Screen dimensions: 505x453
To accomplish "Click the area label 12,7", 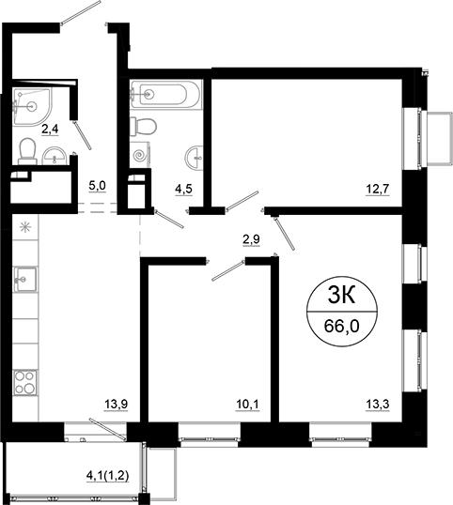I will [x=377, y=186].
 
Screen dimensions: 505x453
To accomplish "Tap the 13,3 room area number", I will [x=377, y=405].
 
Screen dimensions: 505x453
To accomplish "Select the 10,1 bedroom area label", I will [x=246, y=405].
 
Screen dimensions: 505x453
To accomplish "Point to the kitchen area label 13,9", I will [x=115, y=405].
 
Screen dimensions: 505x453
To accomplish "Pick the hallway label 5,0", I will [x=97, y=186].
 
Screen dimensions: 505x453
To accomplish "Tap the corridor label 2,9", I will [x=251, y=239].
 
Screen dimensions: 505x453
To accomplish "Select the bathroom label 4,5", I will [x=183, y=186].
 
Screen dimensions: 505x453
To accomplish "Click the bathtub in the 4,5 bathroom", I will [x=164, y=94].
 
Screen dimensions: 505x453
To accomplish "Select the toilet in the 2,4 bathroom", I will [x=28, y=150].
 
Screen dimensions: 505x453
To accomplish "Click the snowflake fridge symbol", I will [x=24, y=226].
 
